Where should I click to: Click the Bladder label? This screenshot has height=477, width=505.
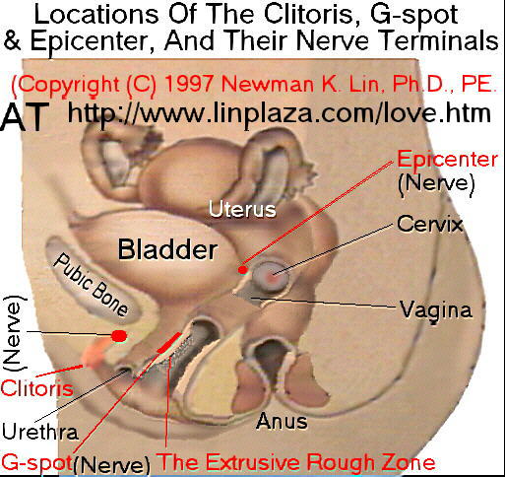click(x=167, y=249)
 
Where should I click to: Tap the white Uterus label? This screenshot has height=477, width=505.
click(x=242, y=209)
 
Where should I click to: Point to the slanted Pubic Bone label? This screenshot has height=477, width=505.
click(x=91, y=285)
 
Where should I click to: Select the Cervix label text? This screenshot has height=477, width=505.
click(x=429, y=224)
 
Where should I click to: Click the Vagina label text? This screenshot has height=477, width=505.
click(x=436, y=310)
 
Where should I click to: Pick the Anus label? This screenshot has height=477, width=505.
click(x=282, y=421)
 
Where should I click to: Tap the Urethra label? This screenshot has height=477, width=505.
click(x=40, y=432)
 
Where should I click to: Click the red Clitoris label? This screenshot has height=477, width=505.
click(x=36, y=388)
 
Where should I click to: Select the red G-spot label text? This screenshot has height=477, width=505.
click(x=36, y=463)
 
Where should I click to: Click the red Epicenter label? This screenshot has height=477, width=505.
click(x=448, y=160)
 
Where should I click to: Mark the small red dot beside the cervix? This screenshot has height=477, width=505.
click(x=242, y=270)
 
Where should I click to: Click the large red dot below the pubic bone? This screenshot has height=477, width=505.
click(x=119, y=336)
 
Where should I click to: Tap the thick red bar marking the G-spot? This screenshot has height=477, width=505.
click(x=169, y=342)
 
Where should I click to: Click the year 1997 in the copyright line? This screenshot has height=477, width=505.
click(x=189, y=84)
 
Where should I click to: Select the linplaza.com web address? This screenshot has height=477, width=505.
click(x=279, y=113)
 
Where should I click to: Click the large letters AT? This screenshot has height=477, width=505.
click(x=25, y=116)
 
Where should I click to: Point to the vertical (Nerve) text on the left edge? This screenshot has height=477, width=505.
click(x=14, y=333)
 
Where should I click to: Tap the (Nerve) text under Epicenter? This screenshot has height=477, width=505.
click(x=436, y=183)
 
